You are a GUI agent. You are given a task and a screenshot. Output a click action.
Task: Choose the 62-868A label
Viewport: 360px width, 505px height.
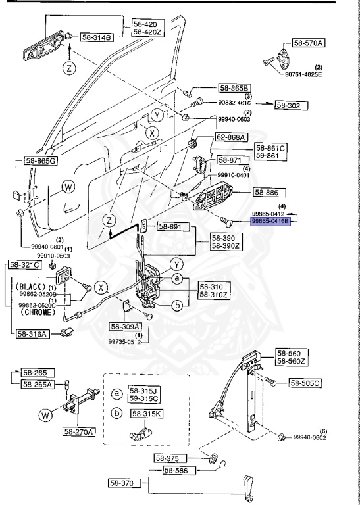tap(230, 137)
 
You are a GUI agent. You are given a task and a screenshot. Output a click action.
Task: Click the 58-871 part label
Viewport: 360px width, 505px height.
tap(230, 160)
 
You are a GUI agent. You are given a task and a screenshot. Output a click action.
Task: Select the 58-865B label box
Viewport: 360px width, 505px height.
tap(236, 87)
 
